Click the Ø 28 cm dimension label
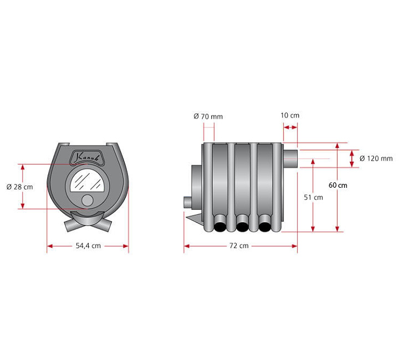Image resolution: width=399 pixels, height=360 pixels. pyautogui.click(x=19, y=187)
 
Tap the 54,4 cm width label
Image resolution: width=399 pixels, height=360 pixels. pyautogui.click(x=88, y=246)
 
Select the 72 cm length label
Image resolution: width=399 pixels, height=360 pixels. pyautogui.click(x=239, y=246)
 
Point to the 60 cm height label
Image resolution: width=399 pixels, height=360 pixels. pyautogui.click(x=337, y=185)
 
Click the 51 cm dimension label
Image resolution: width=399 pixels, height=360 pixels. pyautogui.click(x=313, y=197)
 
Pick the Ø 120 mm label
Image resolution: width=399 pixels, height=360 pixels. pyautogui.click(x=376, y=158)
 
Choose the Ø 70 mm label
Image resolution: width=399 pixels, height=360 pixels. pyautogui.click(x=208, y=116)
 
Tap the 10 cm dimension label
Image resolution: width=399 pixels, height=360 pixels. pyautogui.click(x=290, y=115)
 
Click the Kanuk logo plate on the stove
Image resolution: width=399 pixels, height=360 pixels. pyautogui.click(x=88, y=158)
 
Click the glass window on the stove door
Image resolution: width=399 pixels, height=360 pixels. pyautogui.click(x=88, y=181)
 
